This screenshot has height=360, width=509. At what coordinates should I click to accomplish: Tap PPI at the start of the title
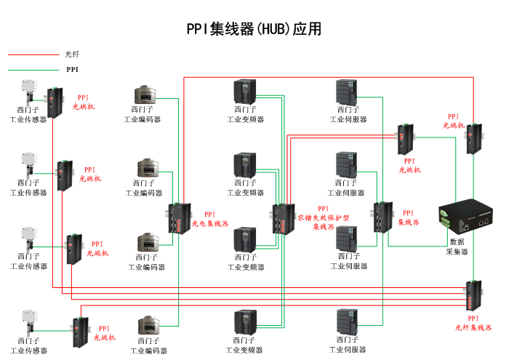point(197,29)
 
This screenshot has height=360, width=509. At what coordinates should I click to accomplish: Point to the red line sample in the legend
point(32,55)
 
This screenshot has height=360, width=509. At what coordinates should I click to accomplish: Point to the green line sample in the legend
point(32,70)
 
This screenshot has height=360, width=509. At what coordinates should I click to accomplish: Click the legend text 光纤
point(71,55)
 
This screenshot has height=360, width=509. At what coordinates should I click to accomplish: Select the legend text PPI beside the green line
point(72,70)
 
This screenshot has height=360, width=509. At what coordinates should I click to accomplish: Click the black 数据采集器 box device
point(468,217)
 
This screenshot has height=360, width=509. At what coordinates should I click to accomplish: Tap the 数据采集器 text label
point(457,247)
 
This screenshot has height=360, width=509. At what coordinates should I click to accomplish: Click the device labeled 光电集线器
point(178,218)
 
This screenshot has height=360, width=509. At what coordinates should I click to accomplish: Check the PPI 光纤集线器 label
point(473,323)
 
